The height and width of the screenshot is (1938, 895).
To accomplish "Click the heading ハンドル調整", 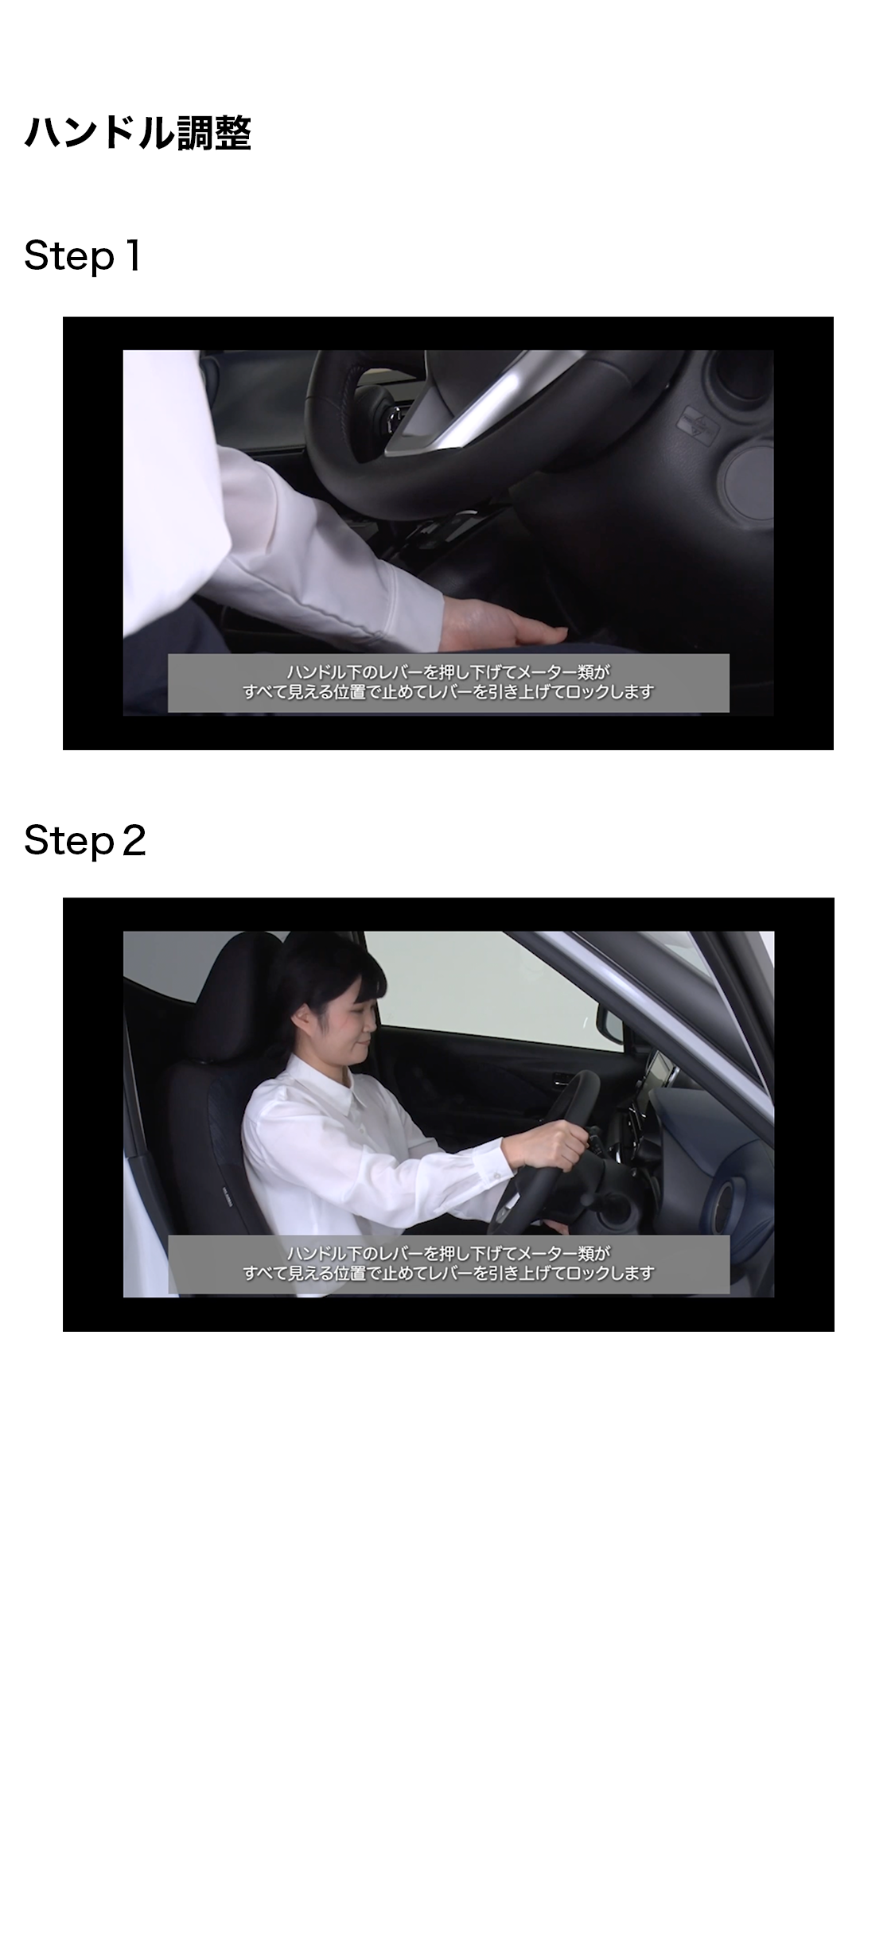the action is coord(138,132).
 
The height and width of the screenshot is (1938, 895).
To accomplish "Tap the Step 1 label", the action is coord(83,256).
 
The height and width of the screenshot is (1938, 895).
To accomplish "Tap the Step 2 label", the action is coord(85,840).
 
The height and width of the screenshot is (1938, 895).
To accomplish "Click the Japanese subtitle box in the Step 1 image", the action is coord(448,683).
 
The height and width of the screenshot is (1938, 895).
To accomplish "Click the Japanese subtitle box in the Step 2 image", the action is coord(448,1264).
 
